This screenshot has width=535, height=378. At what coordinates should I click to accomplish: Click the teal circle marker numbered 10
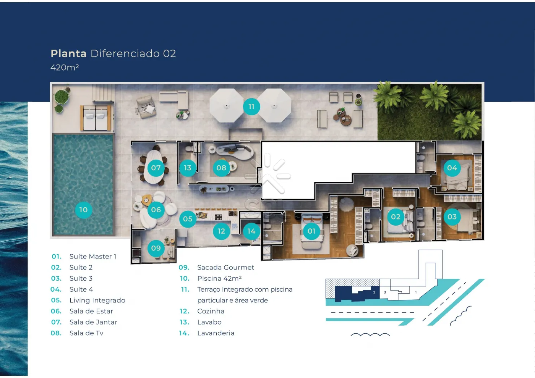point(83,210)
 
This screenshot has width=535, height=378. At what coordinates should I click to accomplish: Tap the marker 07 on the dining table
point(156,168)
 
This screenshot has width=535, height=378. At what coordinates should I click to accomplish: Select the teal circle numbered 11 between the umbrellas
point(251,107)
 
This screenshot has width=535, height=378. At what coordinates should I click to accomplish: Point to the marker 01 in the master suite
point(311,231)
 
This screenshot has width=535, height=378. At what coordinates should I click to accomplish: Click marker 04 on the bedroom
point(452,168)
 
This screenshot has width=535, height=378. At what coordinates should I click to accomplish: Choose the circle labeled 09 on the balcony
point(156,248)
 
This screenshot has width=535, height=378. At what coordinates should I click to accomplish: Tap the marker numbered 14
point(251,231)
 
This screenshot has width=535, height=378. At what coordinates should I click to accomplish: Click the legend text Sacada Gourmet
point(225,268)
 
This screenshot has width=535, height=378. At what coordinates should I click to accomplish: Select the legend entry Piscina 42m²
point(219,278)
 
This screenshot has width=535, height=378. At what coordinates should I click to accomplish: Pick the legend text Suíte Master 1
point(92,257)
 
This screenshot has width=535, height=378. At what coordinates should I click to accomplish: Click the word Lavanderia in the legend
point(216,333)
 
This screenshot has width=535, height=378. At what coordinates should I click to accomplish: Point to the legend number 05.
point(57,300)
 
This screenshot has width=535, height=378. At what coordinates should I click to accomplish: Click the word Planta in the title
point(68,53)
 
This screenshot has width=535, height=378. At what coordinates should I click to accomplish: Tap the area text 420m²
point(65,68)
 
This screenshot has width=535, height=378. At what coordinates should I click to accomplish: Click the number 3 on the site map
point(385,292)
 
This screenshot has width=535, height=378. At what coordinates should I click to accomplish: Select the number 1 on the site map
point(416,292)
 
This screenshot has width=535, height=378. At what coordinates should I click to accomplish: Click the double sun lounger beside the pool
point(96,118)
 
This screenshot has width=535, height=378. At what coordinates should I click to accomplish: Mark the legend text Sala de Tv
point(86,333)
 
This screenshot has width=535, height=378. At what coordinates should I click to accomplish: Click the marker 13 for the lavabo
point(188,168)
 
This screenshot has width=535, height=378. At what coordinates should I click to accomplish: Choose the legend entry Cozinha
point(211,311)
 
